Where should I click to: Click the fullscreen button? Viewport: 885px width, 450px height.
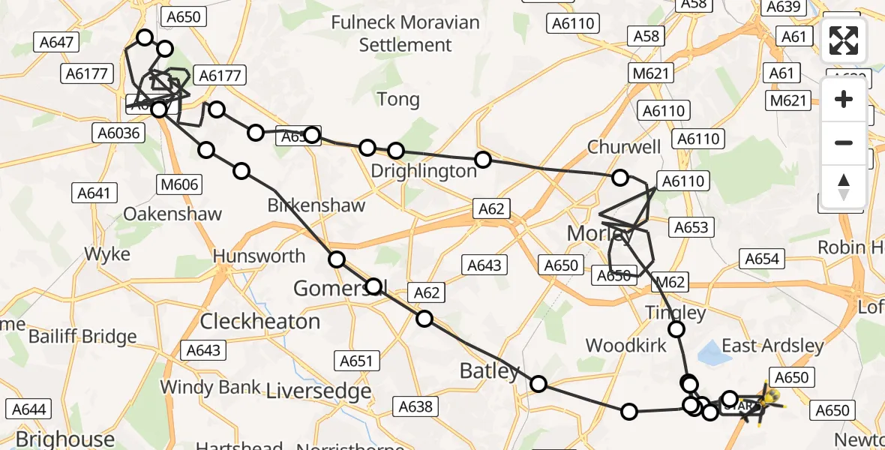844,40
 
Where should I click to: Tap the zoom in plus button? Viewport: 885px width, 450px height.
844,99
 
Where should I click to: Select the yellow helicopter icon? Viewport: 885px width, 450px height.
771,395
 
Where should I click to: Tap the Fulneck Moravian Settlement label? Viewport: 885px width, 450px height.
405,34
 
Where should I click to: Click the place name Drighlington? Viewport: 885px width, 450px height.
424,171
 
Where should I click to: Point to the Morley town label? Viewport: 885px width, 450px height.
600,233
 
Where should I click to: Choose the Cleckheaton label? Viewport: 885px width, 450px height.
260,321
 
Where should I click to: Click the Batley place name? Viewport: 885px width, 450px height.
489,370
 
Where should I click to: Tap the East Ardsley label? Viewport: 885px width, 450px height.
772,346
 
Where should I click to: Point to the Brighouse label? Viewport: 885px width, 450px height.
65,438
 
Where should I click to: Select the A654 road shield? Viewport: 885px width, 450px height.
761,259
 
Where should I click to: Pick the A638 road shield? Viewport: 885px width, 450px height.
415,406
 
